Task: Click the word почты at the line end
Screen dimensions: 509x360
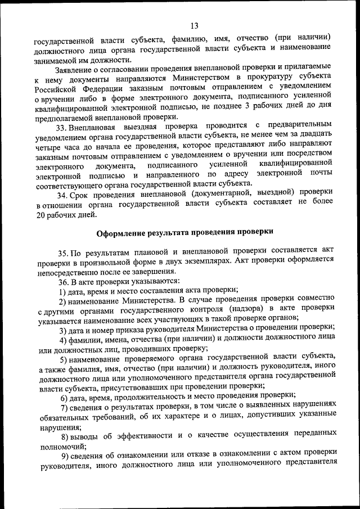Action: tap(321, 173)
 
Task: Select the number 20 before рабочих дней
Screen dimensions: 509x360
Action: tap(39, 214)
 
